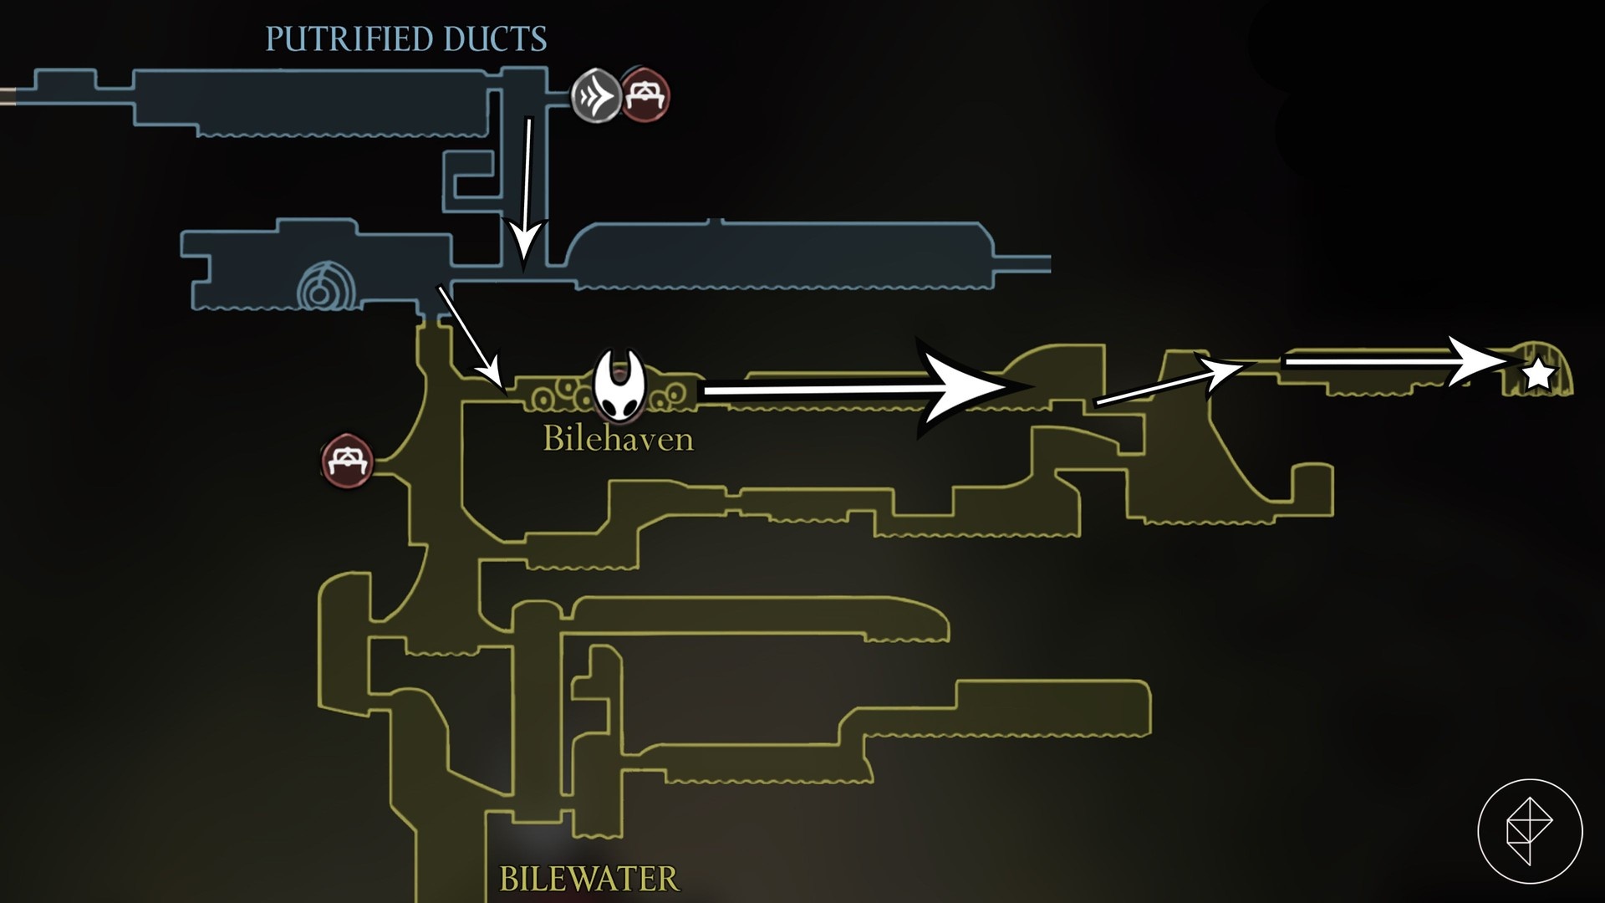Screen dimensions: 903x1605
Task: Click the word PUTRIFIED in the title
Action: click(348, 39)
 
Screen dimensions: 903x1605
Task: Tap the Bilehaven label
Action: click(618, 439)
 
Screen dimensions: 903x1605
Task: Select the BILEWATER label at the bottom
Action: click(588, 879)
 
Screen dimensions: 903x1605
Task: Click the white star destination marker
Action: click(1538, 375)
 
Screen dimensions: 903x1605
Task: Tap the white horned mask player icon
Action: click(619, 385)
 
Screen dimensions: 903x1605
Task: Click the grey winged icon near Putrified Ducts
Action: click(596, 94)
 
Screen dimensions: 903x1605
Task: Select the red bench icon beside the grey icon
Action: click(645, 94)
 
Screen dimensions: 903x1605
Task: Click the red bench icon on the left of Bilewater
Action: click(346, 460)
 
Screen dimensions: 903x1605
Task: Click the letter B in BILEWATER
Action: click(509, 879)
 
